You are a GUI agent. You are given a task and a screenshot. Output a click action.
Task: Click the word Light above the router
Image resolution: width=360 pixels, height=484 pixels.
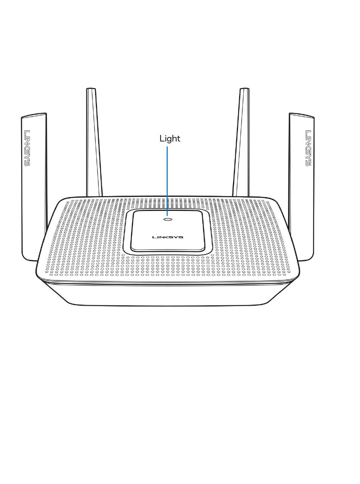[x=170, y=139]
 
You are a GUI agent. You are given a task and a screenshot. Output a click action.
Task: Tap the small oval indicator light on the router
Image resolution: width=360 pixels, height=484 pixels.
[x=167, y=219]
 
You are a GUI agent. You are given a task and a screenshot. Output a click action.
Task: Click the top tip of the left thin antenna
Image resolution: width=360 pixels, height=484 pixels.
[x=91, y=90]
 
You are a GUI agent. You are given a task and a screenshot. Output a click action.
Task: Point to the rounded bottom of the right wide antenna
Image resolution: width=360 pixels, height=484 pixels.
[x=305, y=259]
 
